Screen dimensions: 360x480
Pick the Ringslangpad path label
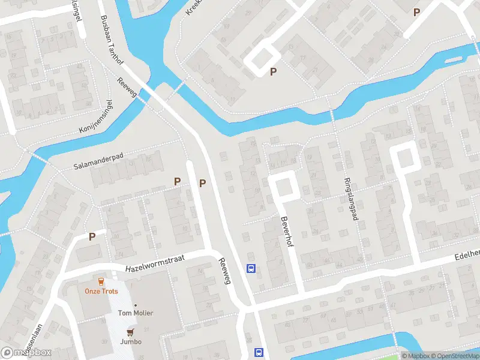[350, 199]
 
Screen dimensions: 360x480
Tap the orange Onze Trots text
[101, 291]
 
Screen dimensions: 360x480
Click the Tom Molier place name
[135, 313]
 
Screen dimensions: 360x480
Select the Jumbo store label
[130, 341]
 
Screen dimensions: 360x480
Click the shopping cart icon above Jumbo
[130, 332]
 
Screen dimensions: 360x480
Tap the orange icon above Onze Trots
[101, 281]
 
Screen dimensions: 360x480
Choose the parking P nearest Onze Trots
[92, 236]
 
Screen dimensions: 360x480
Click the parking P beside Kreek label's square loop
[274, 72]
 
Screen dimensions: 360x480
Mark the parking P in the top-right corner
[416, 11]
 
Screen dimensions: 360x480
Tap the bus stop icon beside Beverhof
[251, 268]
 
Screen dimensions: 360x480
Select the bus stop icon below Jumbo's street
[259, 352]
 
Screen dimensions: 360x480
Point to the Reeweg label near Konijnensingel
[128, 90]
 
